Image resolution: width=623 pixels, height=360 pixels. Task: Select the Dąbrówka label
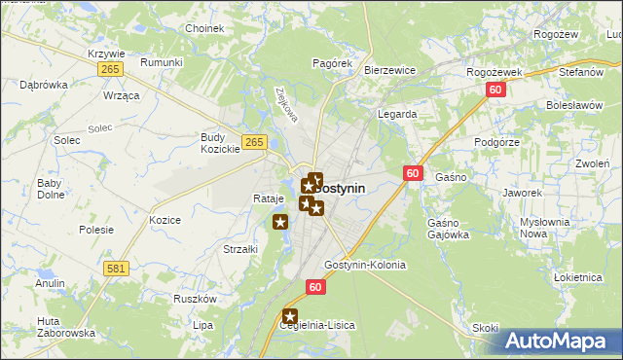click(x=44, y=85)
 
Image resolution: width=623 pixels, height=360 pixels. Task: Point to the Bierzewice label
click(x=389, y=71)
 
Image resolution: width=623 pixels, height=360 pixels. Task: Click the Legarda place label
click(x=397, y=114)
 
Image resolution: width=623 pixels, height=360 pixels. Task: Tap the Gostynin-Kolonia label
click(x=364, y=265)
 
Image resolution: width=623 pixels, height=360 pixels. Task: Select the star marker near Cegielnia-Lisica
click(x=290, y=316)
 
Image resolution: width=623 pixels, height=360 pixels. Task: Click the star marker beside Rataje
click(x=280, y=223)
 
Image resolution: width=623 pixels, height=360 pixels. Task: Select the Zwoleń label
click(x=591, y=163)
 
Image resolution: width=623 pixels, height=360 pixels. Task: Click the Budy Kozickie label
click(x=220, y=143)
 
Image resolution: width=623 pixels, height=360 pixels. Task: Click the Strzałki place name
click(x=239, y=249)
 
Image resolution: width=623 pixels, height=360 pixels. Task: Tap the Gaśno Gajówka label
click(x=448, y=229)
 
